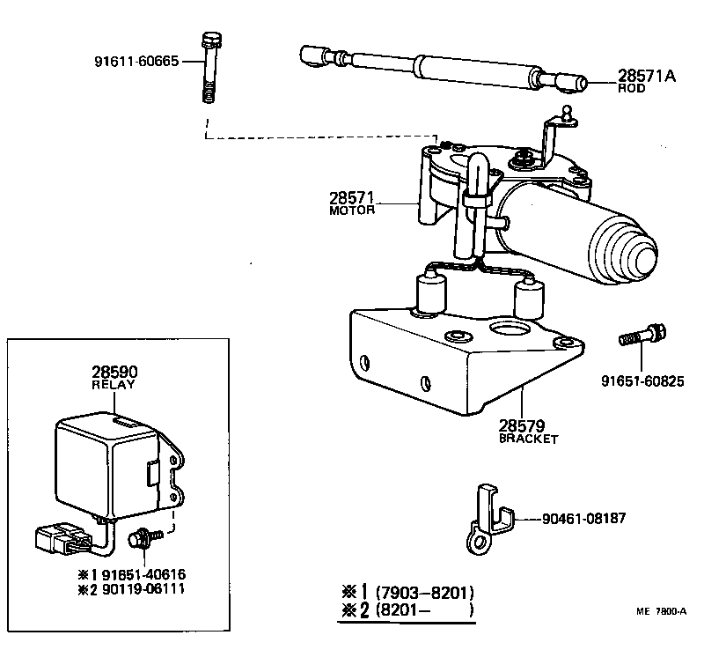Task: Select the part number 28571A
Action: coord(645,77)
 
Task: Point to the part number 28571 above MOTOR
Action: coord(352,197)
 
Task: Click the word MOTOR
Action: coord(352,211)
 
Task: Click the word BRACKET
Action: coord(528,439)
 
